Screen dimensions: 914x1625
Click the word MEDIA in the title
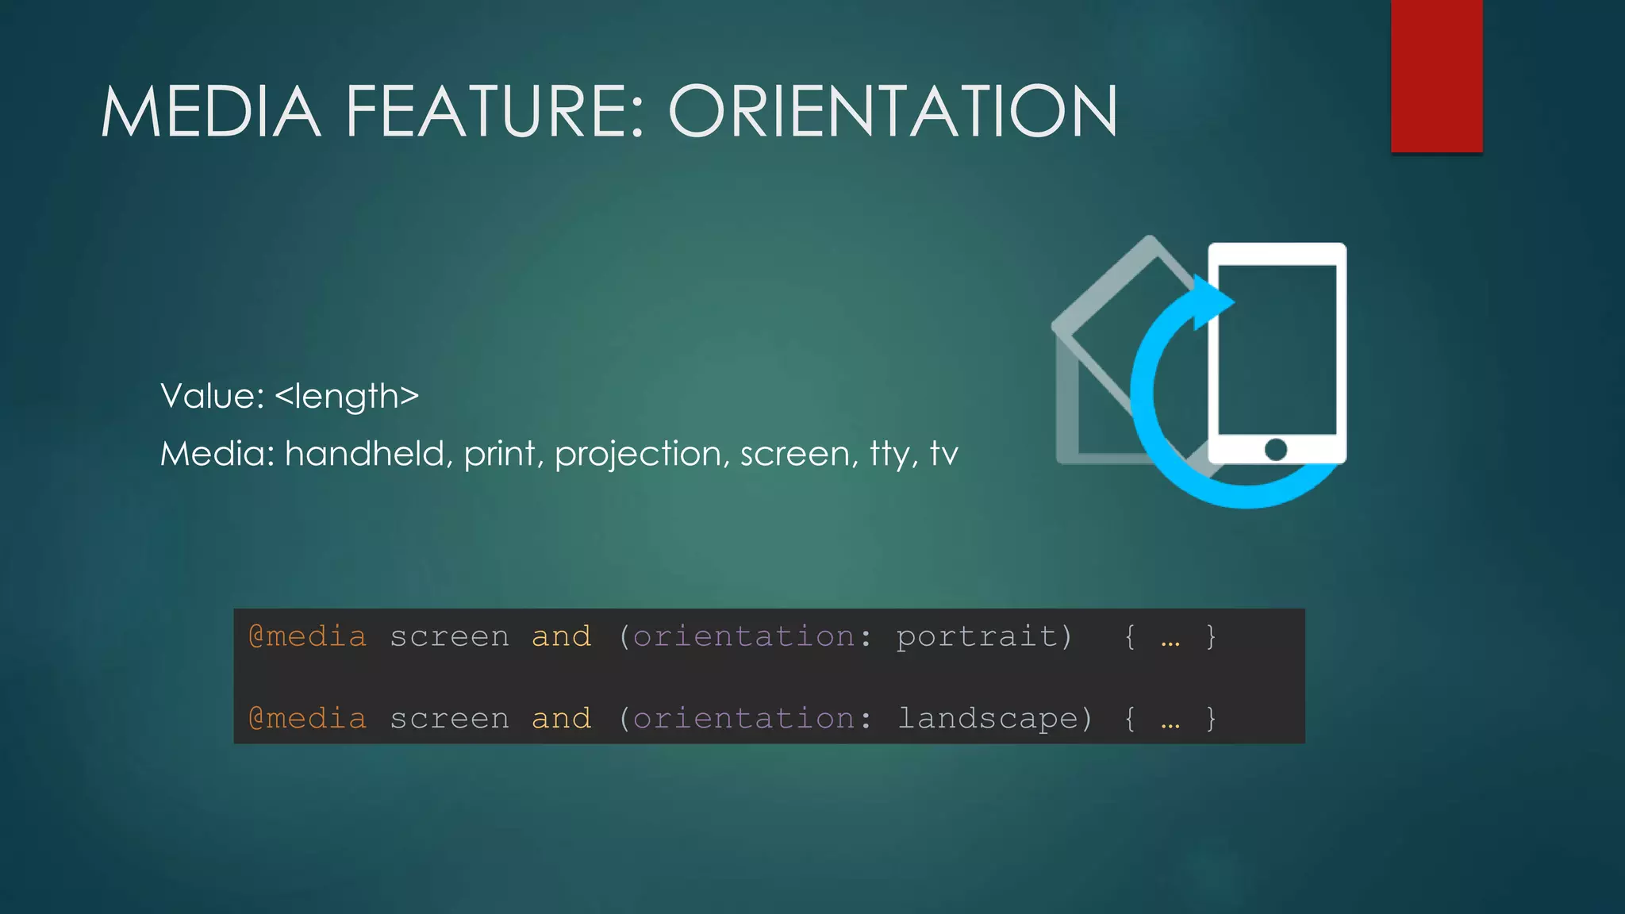click(x=210, y=112)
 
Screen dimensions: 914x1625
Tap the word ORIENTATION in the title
click(x=893, y=112)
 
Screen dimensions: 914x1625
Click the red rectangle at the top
click(x=1436, y=75)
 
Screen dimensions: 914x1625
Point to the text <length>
click(x=347, y=396)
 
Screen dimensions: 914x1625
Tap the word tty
click(x=893, y=454)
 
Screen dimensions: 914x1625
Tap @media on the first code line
click(x=308, y=636)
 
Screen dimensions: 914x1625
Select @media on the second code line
click(x=308, y=718)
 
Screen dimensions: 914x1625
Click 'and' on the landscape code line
click(x=561, y=718)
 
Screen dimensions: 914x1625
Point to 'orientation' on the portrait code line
click(x=743, y=636)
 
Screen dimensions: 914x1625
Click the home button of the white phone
click(x=1276, y=449)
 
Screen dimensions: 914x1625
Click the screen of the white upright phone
click(x=1277, y=349)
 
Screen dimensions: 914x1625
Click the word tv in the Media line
click(x=944, y=454)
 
